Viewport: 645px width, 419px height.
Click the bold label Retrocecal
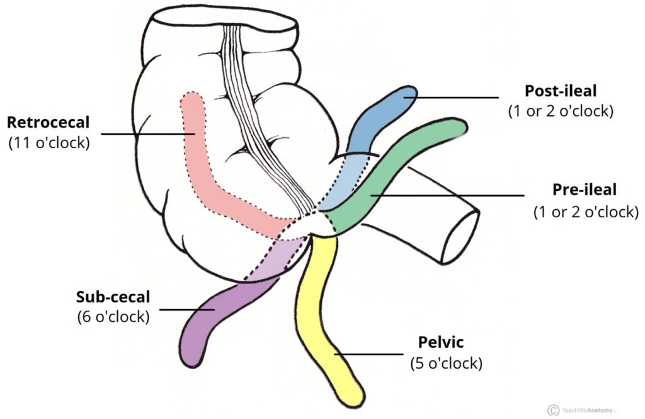pyautogui.click(x=48, y=122)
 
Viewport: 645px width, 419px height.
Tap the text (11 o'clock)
pyautogui.click(x=49, y=142)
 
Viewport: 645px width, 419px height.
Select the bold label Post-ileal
pyautogui.click(x=561, y=91)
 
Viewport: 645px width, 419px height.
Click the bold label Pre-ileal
pyautogui.click(x=584, y=189)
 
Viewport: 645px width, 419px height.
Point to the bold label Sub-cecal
pyautogui.click(x=113, y=297)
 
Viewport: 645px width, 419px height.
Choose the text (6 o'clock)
pyautogui.click(x=113, y=316)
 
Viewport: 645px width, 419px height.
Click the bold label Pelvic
pyautogui.click(x=440, y=342)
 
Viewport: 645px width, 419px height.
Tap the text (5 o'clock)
pyautogui.click(x=447, y=363)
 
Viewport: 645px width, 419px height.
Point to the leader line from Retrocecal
pyautogui.click(x=147, y=134)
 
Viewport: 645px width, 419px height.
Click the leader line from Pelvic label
pyautogui.click(x=368, y=354)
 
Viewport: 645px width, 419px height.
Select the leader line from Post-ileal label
pyautogui.click(x=451, y=98)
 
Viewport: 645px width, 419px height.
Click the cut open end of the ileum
pyautogui.click(x=460, y=236)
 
